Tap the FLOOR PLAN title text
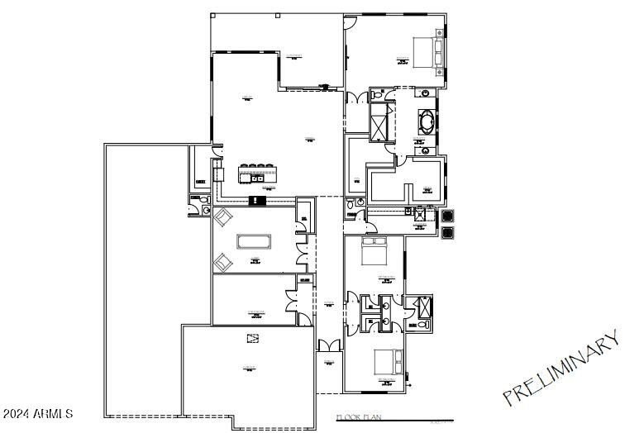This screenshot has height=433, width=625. [x=359, y=419]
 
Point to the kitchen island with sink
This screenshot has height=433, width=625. [x=257, y=174]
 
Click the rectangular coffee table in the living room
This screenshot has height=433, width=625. [x=254, y=242]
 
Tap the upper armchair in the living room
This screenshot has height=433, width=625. [x=223, y=217]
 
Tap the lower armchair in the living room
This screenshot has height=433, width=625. [x=223, y=262]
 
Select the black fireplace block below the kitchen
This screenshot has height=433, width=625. [x=256, y=199]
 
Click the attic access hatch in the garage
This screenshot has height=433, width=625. [x=252, y=338]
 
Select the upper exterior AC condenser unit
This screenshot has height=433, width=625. [x=447, y=214]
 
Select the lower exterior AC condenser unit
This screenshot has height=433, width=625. [x=447, y=231]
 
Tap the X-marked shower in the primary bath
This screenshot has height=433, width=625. [x=381, y=124]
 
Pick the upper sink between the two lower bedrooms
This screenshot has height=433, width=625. [x=386, y=303]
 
